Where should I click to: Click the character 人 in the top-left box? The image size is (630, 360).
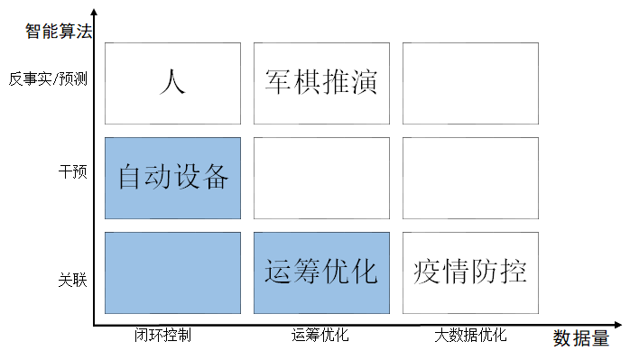click(x=171, y=82)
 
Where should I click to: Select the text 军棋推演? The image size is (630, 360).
click(x=320, y=82)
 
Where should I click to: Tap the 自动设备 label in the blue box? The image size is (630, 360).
click(x=173, y=177)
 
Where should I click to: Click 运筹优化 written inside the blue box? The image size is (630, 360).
click(x=320, y=271)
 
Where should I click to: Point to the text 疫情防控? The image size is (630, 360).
click(x=470, y=271)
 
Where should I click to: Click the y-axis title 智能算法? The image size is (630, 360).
click(x=60, y=32)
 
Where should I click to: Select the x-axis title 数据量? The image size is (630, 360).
click(x=580, y=339)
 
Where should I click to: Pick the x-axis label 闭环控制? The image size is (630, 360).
click(x=162, y=336)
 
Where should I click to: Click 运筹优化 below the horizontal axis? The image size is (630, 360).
click(x=320, y=336)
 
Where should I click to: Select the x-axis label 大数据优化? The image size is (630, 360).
click(x=470, y=336)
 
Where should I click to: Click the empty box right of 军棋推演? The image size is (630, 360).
click(x=470, y=83)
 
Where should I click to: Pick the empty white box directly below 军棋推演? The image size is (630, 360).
click(x=321, y=178)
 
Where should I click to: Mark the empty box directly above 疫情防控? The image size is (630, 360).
click(x=470, y=178)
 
